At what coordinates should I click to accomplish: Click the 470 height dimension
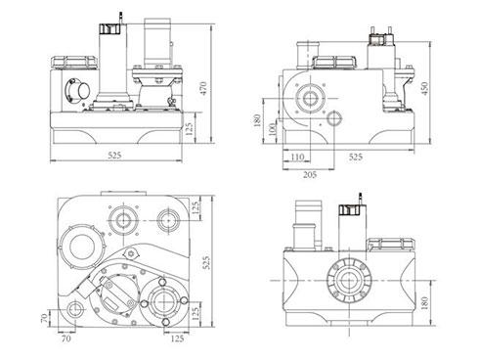[x=203, y=88]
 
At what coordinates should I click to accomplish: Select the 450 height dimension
[x=424, y=88]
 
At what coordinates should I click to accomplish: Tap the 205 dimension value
[x=310, y=175]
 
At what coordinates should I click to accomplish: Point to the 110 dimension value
[x=297, y=157]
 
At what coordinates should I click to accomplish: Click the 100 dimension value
[x=272, y=130]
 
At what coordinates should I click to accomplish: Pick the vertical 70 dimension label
[x=45, y=318]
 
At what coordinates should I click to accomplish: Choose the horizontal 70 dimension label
[x=65, y=338]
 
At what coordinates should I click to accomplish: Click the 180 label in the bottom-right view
[x=424, y=303]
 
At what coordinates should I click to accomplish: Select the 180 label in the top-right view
[x=257, y=120]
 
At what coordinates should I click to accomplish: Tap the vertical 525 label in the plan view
[x=206, y=262]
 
